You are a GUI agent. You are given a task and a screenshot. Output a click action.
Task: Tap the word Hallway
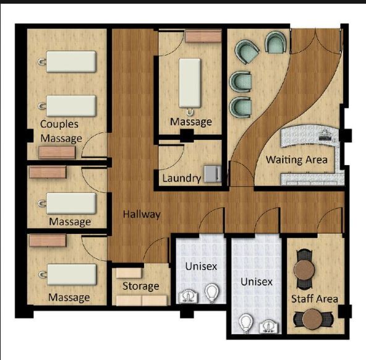141,214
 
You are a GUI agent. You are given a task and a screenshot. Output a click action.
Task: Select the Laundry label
181,179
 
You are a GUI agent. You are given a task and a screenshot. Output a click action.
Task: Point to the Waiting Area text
296,160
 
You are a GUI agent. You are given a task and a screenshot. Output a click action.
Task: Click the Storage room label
140,286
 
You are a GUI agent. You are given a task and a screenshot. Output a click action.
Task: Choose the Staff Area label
314,299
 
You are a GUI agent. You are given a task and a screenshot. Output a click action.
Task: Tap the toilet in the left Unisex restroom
212,292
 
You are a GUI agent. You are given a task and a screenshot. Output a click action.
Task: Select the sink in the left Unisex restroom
187,296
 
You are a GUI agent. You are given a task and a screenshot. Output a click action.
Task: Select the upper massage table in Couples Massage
70,61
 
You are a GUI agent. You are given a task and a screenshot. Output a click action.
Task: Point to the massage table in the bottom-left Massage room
70,273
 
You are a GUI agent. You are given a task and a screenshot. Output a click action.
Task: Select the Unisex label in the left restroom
201,267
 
